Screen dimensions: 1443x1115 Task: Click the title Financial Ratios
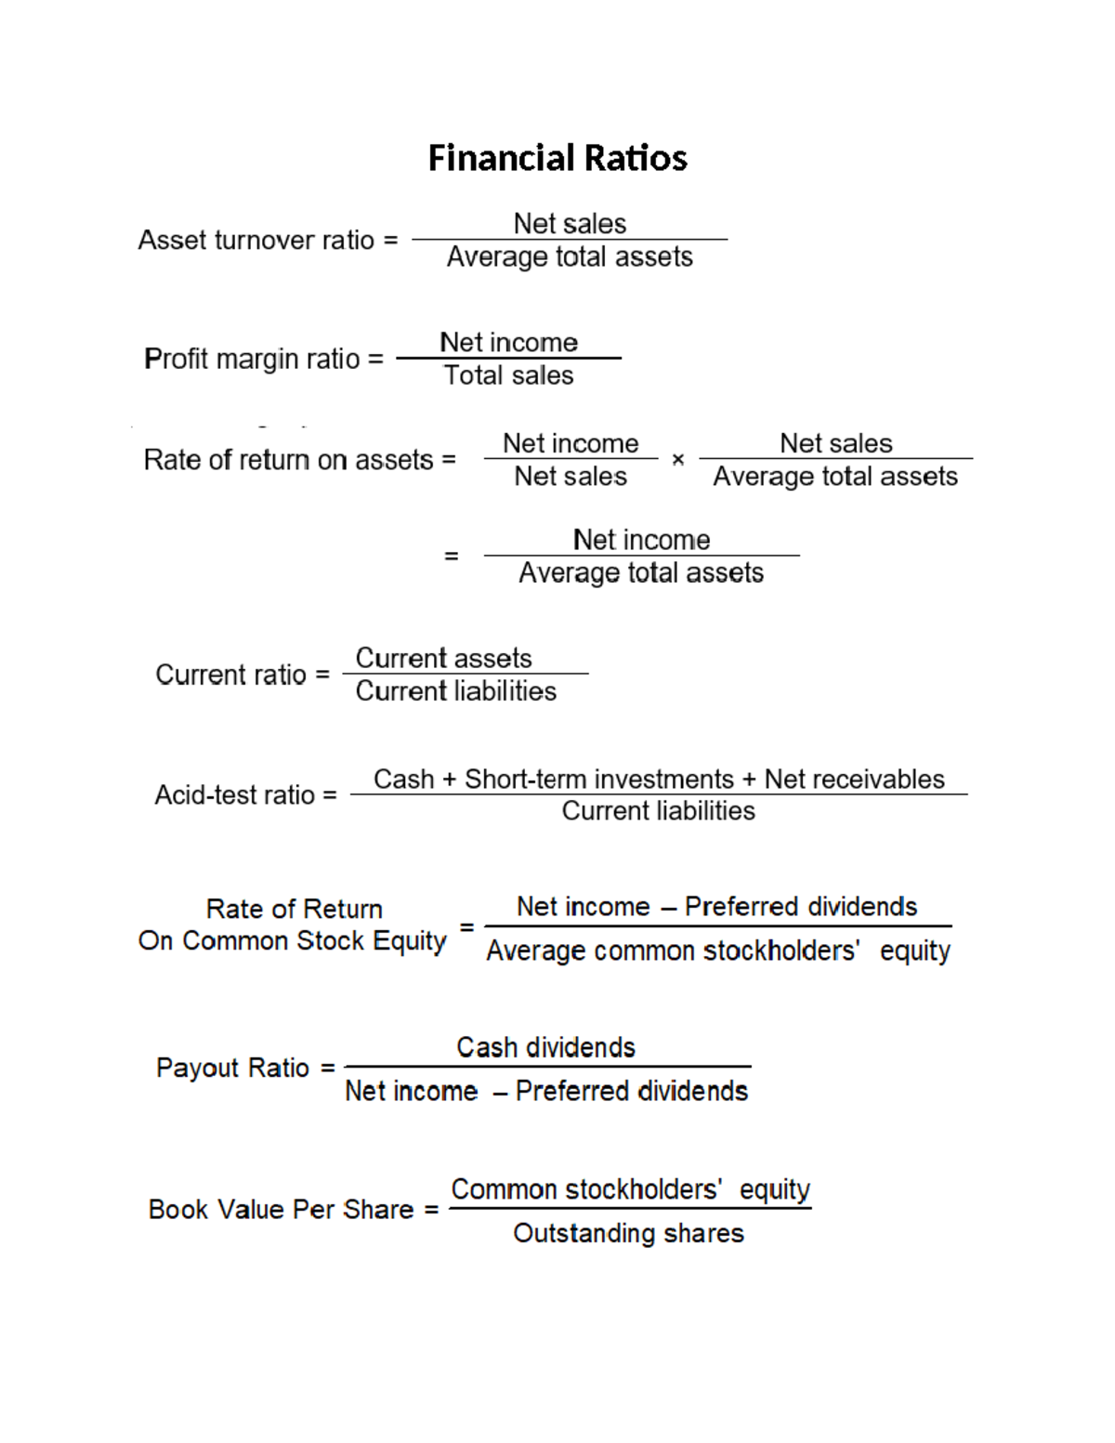557,158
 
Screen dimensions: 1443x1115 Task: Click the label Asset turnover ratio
256,240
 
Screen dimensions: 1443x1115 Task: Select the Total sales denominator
508,375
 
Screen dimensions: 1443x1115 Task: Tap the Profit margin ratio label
252,359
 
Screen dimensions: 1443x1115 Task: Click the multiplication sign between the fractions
678,459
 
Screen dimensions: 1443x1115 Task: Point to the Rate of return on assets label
288,460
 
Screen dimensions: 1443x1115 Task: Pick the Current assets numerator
443,658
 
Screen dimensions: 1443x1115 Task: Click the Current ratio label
230,675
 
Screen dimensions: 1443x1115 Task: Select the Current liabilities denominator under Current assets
455,691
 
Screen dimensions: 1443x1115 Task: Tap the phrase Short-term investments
599,779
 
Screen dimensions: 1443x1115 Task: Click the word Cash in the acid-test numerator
403,779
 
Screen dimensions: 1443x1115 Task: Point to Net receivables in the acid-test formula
854,779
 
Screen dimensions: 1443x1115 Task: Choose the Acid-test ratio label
235,795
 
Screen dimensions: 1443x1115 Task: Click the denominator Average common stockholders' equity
718,951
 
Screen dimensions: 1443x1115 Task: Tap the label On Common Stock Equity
292,941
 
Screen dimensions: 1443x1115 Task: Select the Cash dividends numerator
545,1048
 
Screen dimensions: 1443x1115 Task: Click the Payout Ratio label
232,1068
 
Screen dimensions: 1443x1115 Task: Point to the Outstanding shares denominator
628,1233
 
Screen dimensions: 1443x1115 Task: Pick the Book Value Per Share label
281,1210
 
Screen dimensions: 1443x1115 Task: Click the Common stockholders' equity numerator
630,1189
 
